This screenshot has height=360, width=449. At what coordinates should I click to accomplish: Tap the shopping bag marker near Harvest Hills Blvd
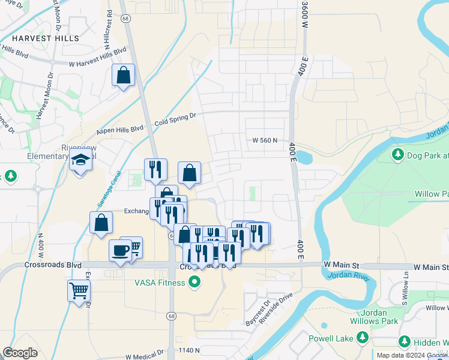pyautogui.click(x=123, y=76)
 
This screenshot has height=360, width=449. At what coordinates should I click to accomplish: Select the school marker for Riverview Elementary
pyautogui.click(x=80, y=161)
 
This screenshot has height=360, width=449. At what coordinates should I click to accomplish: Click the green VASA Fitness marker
pyautogui.click(x=194, y=281)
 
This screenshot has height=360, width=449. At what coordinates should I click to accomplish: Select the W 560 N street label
pyautogui.click(x=265, y=140)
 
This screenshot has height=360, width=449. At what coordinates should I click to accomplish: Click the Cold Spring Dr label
pyautogui.click(x=175, y=119)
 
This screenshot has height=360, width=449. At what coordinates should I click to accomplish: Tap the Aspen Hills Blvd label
pyautogui.click(x=120, y=129)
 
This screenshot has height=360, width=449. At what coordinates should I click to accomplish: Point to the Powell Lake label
pyautogui.click(x=331, y=339)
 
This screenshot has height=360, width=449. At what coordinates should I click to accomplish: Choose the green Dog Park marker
pyautogui.click(x=397, y=155)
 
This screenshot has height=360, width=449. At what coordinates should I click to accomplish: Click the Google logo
pyautogui.click(x=20, y=353)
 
